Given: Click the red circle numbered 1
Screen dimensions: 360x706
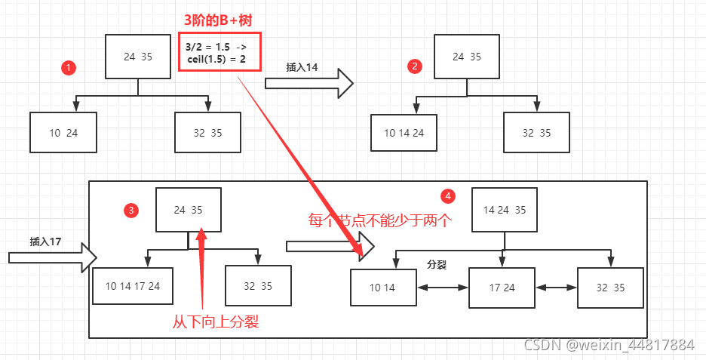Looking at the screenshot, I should (69, 68).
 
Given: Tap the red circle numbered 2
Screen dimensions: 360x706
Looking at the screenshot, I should (414, 66).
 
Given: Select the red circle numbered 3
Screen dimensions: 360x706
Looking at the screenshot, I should (132, 210).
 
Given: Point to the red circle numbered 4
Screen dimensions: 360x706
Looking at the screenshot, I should (449, 196).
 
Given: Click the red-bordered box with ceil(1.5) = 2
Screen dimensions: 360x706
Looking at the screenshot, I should (219, 52).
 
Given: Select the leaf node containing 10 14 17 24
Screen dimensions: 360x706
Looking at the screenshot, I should (133, 286).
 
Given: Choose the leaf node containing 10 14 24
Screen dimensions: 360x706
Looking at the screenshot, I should (404, 133).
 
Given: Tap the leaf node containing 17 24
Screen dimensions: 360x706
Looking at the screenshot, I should (502, 288).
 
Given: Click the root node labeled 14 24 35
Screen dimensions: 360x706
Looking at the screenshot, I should (505, 210).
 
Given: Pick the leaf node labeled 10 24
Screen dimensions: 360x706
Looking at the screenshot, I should (63, 132).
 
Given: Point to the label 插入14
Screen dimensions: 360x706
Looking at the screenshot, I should (302, 67).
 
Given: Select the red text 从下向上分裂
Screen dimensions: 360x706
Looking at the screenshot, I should (216, 322).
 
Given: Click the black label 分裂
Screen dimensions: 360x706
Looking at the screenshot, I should (437, 265).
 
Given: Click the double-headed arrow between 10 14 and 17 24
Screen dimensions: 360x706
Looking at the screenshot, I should (442, 288).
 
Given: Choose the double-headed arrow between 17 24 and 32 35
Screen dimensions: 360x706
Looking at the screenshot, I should (556, 288).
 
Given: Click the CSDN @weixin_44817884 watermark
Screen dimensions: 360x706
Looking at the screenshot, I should (608, 345).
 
